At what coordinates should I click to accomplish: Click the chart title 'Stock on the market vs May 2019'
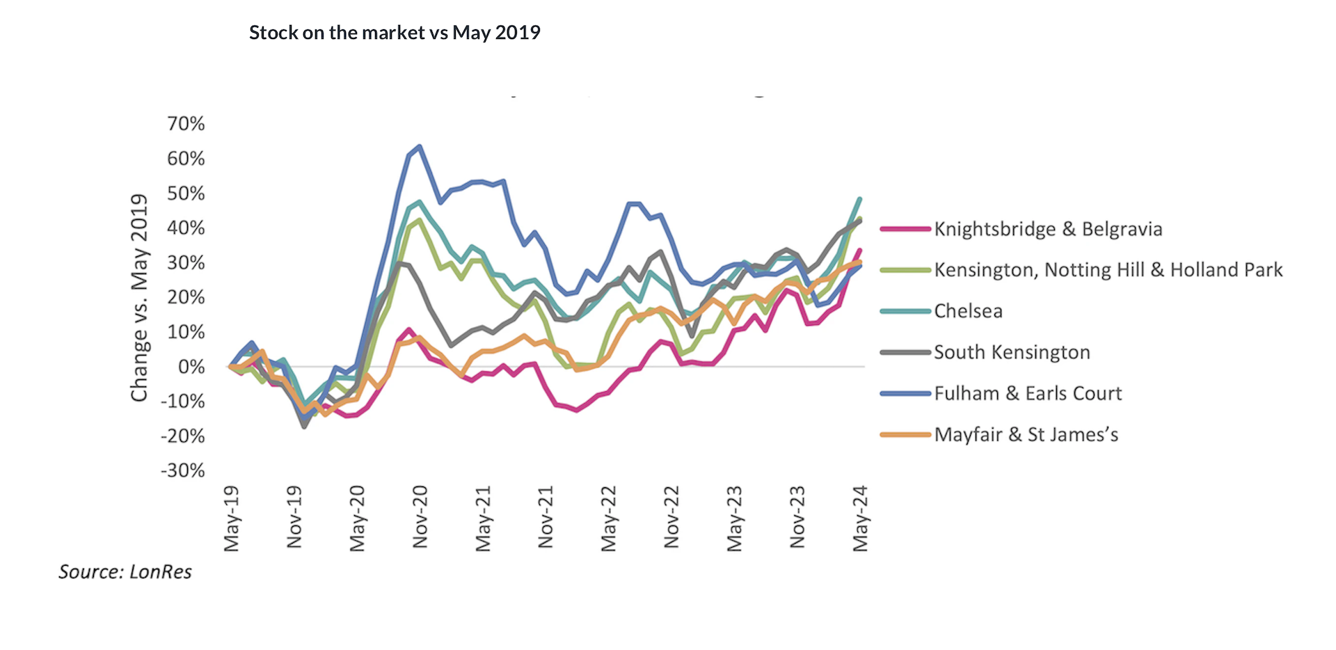coord(395,33)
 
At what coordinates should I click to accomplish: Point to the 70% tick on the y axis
coord(186,124)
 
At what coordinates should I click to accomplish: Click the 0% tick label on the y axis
coord(191,367)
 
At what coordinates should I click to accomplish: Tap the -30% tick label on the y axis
coord(183,470)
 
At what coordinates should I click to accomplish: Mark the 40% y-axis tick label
coord(186,228)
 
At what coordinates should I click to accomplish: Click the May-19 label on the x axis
coord(232,518)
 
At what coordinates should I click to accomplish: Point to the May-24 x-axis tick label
coord(861,518)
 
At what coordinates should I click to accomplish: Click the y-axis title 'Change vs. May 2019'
coord(140,297)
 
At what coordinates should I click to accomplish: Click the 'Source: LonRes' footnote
coord(125,572)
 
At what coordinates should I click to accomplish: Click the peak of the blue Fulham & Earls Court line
coord(420,146)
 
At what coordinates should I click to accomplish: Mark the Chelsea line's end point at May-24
coord(860,199)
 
